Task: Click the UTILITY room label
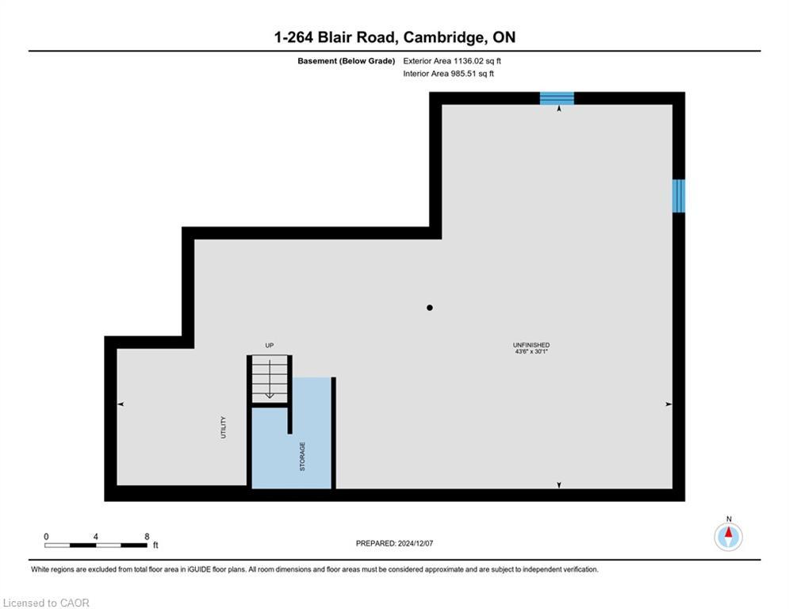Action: coord(224,427)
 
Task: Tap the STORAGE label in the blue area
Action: coord(302,457)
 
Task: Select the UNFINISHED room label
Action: coord(530,345)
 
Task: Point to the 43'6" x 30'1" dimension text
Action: coord(530,351)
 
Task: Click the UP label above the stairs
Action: coord(269,345)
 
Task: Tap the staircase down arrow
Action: coord(270,378)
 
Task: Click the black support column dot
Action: coord(429,308)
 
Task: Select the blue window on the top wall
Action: coord(557,98)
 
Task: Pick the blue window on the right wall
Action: coord(679,196)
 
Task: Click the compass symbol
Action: coord(728,537)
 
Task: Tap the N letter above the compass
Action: coord(729,519)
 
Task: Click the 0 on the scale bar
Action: coord(46,537)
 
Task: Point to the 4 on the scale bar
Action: coord(96,537)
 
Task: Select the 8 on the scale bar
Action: coord(147,537)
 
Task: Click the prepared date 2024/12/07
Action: coord(416,543)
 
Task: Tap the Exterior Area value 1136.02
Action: coord(468,61)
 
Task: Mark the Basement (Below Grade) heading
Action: coord(347,61)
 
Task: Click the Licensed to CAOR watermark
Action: coord(46,603)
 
